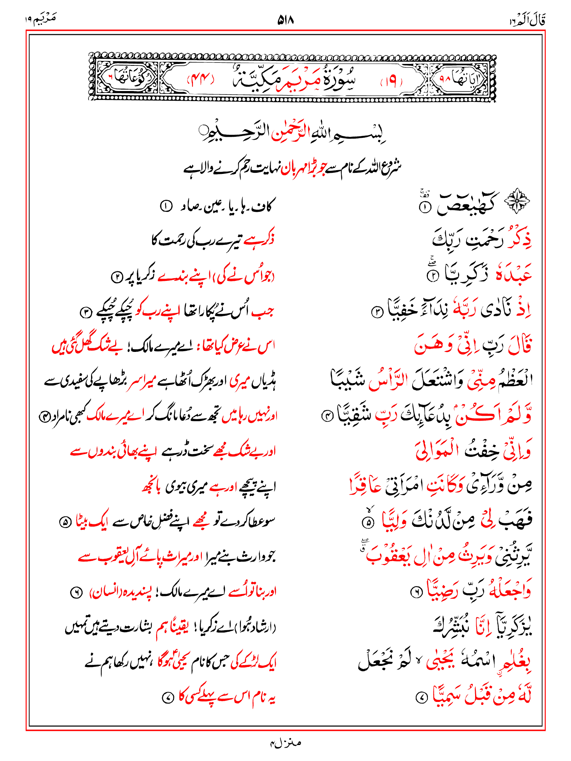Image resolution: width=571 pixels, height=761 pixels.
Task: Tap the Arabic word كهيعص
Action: coord(465,204)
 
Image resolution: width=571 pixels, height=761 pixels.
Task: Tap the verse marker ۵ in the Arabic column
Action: coord(368,522)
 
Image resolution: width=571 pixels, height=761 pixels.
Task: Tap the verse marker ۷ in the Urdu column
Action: coord(168,698)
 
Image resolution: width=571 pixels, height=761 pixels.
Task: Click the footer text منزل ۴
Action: coord(285,743)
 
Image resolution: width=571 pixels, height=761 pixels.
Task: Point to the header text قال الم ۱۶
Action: coord(527,20)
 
